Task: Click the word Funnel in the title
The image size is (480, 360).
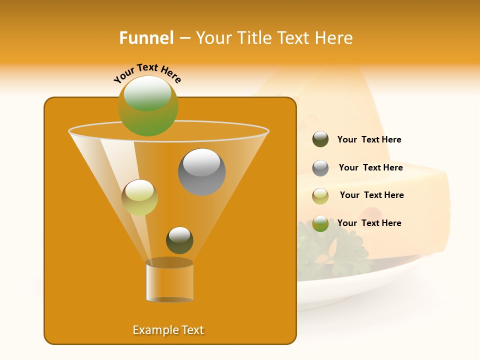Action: (146, 38)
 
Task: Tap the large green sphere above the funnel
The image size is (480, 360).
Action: (148, 105)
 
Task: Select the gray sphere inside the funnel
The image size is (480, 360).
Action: (202, 172)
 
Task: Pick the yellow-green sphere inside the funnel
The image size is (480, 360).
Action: (139, 197)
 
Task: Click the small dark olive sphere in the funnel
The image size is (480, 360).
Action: (179, 240)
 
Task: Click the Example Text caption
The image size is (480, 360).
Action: (168, 330)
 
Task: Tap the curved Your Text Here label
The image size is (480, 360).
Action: (147, 73)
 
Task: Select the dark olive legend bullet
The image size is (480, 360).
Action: (320, 139)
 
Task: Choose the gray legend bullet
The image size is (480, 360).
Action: (320, 168)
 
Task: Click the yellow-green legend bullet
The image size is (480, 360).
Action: (320, 196)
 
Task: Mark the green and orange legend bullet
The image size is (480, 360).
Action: (320, 223)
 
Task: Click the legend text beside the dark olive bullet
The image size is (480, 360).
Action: (369, 139)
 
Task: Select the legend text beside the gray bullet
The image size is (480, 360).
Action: (370, 167)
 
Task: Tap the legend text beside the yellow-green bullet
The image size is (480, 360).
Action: (371, 195)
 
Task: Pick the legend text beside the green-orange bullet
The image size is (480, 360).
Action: (369, 223)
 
